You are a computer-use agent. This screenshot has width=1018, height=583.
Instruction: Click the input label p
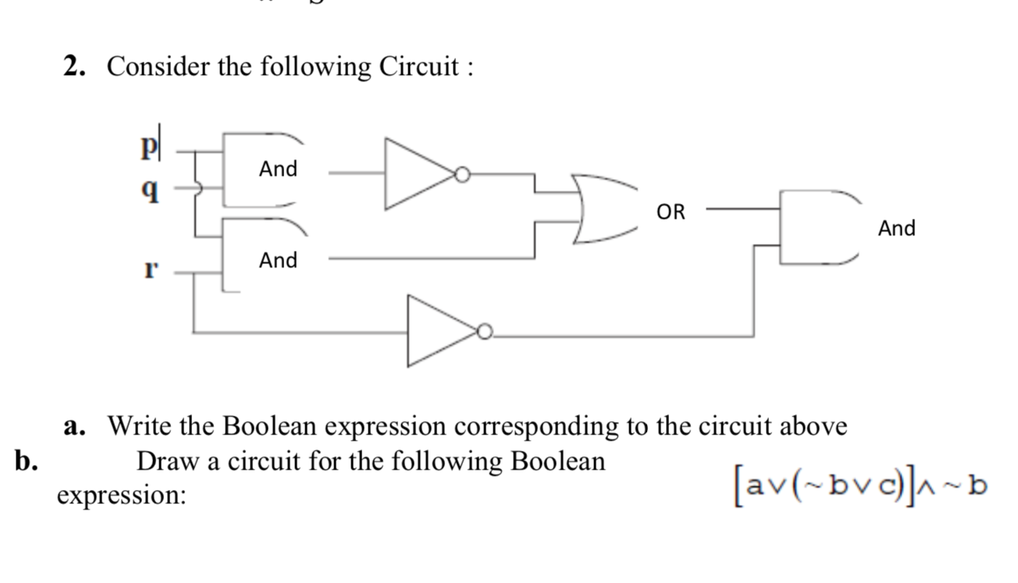[145, 147]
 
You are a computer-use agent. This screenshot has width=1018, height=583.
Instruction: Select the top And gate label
[279, 169]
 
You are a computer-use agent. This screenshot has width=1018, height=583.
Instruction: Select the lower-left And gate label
[279, 259]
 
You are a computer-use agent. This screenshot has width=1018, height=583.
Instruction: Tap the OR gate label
[671, 212]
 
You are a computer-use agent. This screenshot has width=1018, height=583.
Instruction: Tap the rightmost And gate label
[896, 228]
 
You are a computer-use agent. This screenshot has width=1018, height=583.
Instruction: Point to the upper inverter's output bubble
[464, 175]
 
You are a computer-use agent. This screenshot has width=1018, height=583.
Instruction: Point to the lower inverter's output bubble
[486, 334]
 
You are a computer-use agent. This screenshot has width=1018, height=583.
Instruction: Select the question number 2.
[75, 67]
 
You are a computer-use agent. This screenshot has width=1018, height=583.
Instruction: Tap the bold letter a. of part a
[75, 427]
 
